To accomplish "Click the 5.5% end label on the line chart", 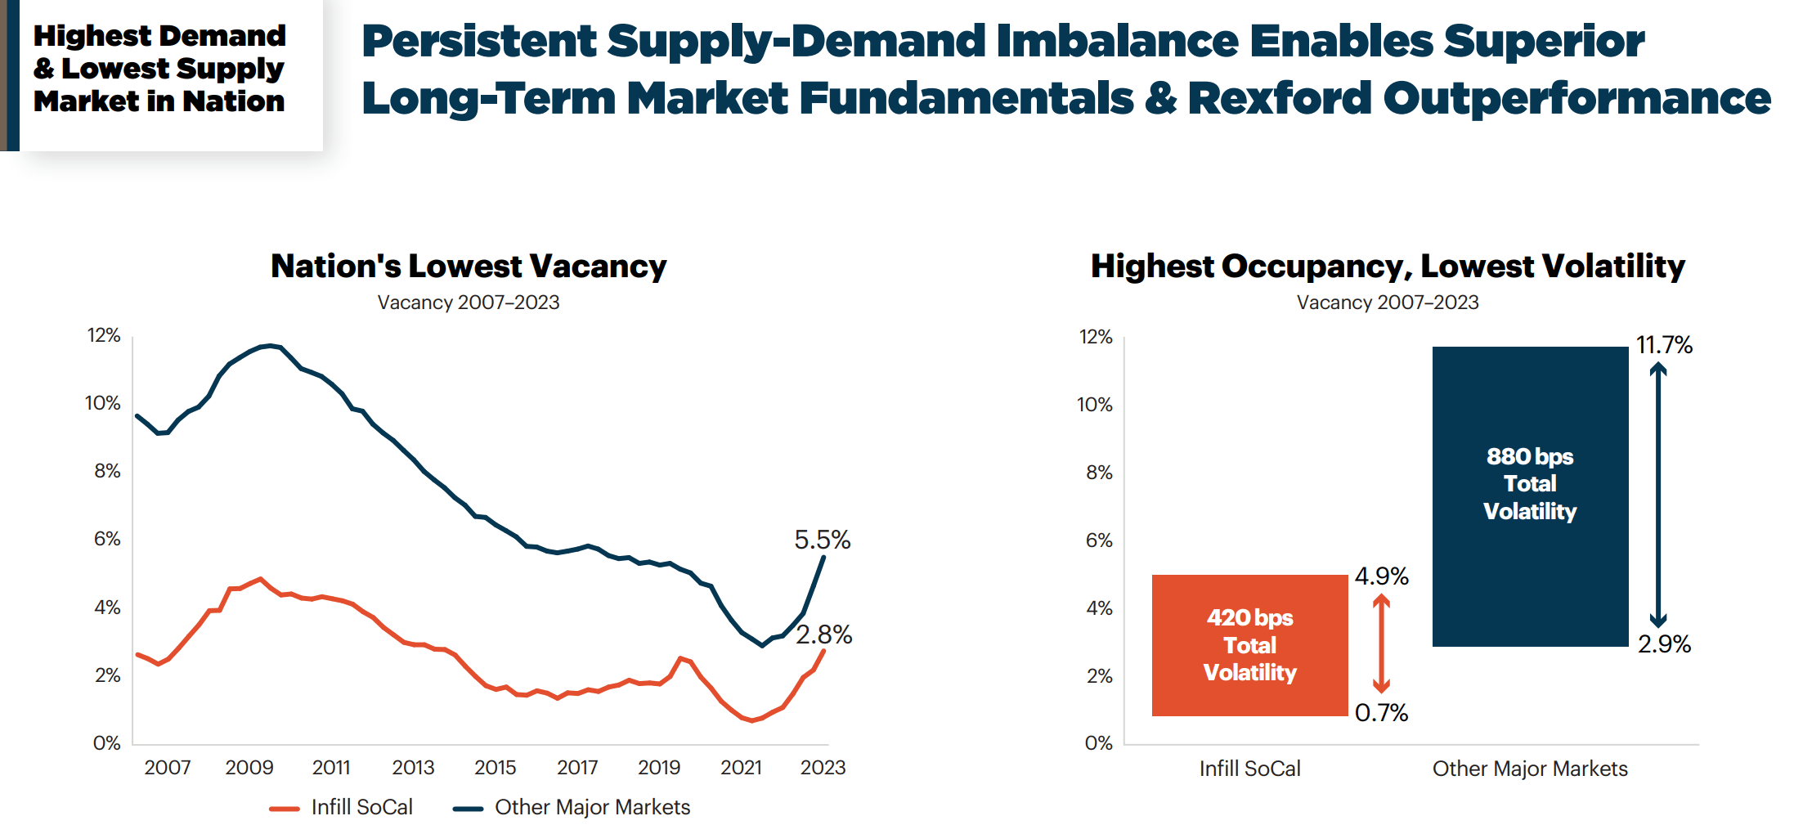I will pos(822,540).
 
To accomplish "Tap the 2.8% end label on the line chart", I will pos(823,634).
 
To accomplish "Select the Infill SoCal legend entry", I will pos(342,808).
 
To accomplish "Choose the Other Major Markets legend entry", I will pos(572,808).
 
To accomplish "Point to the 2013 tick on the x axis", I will pos(413,768).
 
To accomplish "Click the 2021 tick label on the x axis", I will pos(741,768).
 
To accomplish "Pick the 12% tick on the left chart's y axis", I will pos(104,335).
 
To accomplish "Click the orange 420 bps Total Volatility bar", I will pos(1249,645).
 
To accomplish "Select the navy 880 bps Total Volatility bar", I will pos(1530,495).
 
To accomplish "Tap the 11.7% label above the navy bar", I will pos(1664,345).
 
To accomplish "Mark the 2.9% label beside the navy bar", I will pos(1664,644).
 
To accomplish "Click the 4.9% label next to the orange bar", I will pos(1381,576).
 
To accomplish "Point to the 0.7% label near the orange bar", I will pos(1381,713).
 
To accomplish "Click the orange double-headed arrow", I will pos(1381,643).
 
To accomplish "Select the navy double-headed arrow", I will pos(1657,495).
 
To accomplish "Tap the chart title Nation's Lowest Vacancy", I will pos(469,267).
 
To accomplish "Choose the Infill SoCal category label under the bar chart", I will pos(1249,769).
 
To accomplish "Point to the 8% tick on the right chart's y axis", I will pos(1099,473).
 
